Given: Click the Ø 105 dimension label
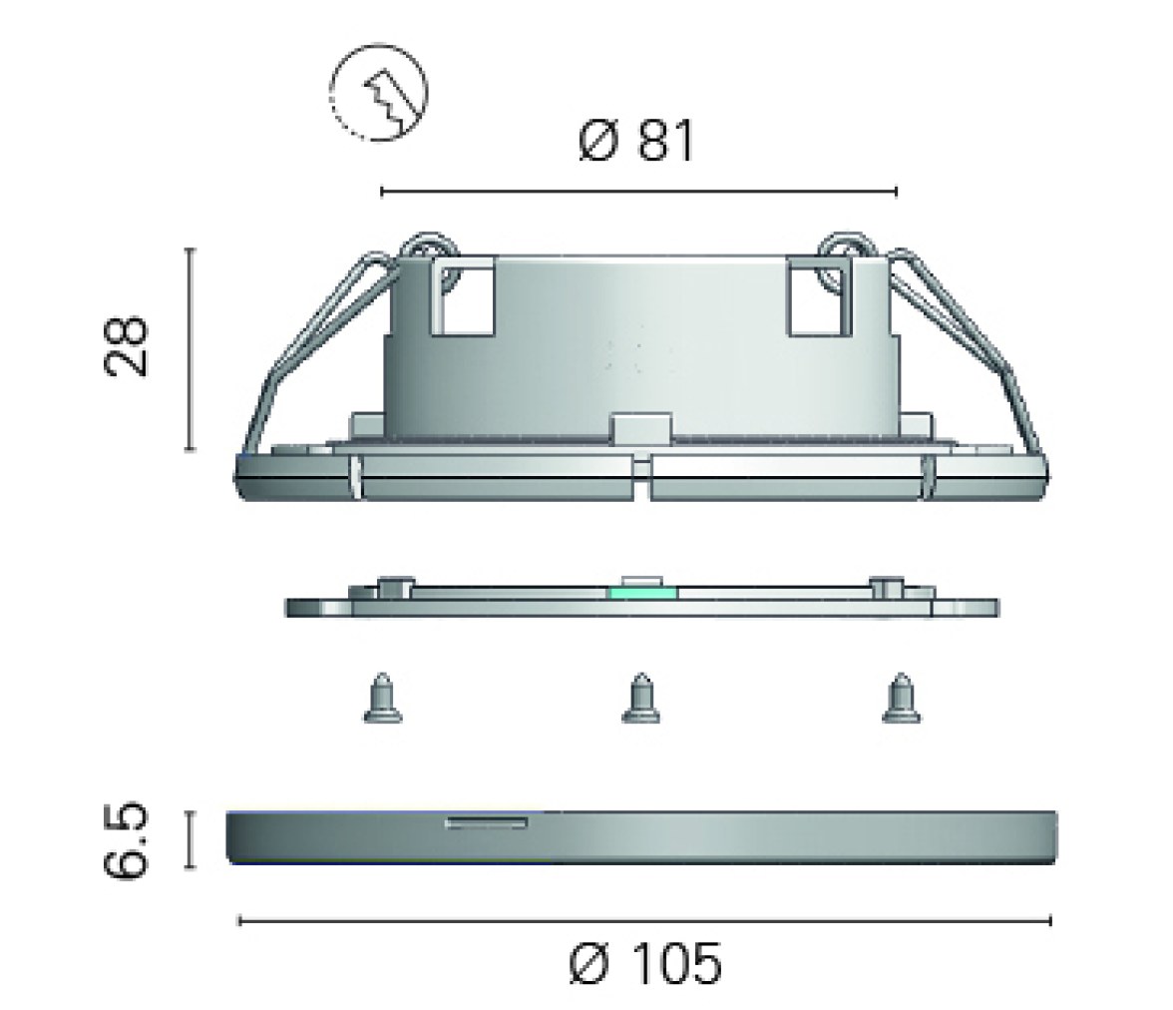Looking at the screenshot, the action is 645,963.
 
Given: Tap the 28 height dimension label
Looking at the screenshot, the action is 125,346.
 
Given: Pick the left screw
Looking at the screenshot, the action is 382,699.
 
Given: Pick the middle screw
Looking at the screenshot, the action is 640,699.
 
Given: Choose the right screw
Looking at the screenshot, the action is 901,699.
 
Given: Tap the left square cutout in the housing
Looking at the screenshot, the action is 463,296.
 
